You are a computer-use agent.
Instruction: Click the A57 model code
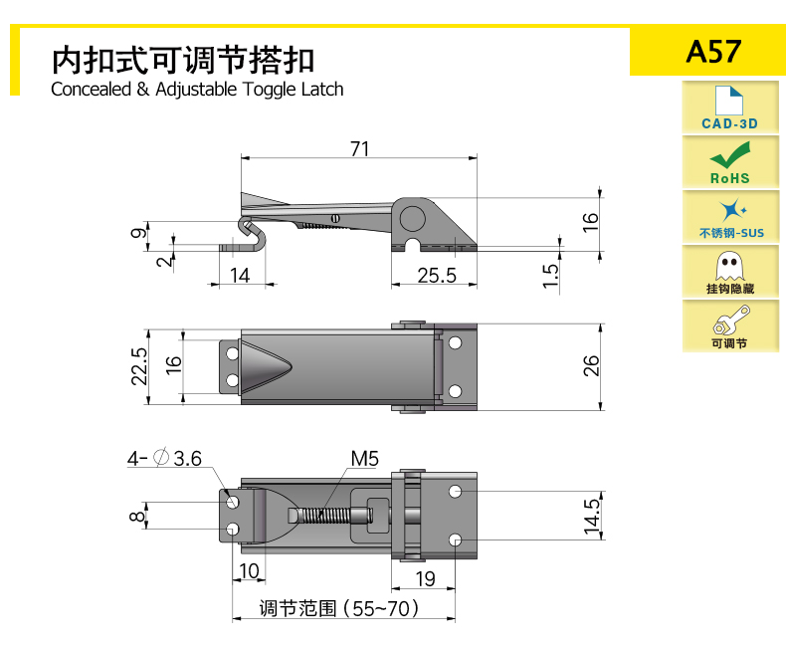(x=713, y=51)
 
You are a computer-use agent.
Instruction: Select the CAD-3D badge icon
(x=730, y=108)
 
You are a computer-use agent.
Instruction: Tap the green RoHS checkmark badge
(x=730, y=161)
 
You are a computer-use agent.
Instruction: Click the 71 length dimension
(x=359, y=149)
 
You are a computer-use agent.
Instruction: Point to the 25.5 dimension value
(x=436, y=276)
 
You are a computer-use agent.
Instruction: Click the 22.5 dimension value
(x=139, y=366)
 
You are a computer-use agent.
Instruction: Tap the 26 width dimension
(x=591, y=366)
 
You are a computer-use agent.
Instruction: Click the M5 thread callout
(x=364, y=459)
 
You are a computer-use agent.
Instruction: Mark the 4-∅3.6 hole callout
(x=164, y=459)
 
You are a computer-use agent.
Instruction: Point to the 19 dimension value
(x=425, y=577)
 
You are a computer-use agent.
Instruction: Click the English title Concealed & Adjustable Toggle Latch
(x=197, y=90)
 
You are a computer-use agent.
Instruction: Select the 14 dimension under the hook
(x=241, y=276)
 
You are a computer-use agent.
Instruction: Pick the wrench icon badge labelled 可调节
(x=730, y=325)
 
